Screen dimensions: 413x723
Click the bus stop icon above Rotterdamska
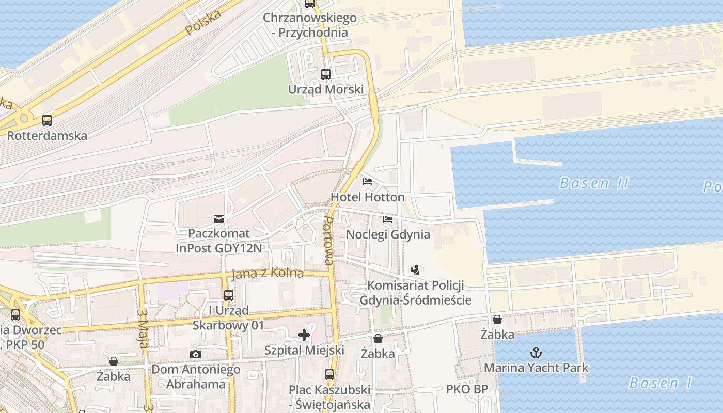[47, 120]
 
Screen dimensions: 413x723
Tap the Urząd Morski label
[326, 89]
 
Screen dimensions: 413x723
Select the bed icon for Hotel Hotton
[368, 182]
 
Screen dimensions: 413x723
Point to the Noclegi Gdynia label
[388, 234]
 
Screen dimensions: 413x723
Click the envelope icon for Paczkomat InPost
[219, 219]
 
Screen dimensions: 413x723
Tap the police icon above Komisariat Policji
[416, 269]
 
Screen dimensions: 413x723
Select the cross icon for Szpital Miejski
[304, 335]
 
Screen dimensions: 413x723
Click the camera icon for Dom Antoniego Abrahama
[196, 354]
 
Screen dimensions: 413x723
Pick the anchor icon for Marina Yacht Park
[537, 353]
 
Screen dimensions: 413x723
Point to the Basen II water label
[594, 183]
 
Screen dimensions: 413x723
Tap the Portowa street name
[328, 241]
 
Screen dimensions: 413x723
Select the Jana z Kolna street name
[268, 273]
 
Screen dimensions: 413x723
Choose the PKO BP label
[467, 389]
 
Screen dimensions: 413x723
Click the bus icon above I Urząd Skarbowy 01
[228, 295]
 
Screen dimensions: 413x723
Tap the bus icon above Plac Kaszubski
[329, 375]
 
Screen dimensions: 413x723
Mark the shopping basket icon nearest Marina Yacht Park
[497, 320]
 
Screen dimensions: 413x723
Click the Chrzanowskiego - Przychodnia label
[310, 25]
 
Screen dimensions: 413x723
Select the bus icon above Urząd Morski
[326, 74]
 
